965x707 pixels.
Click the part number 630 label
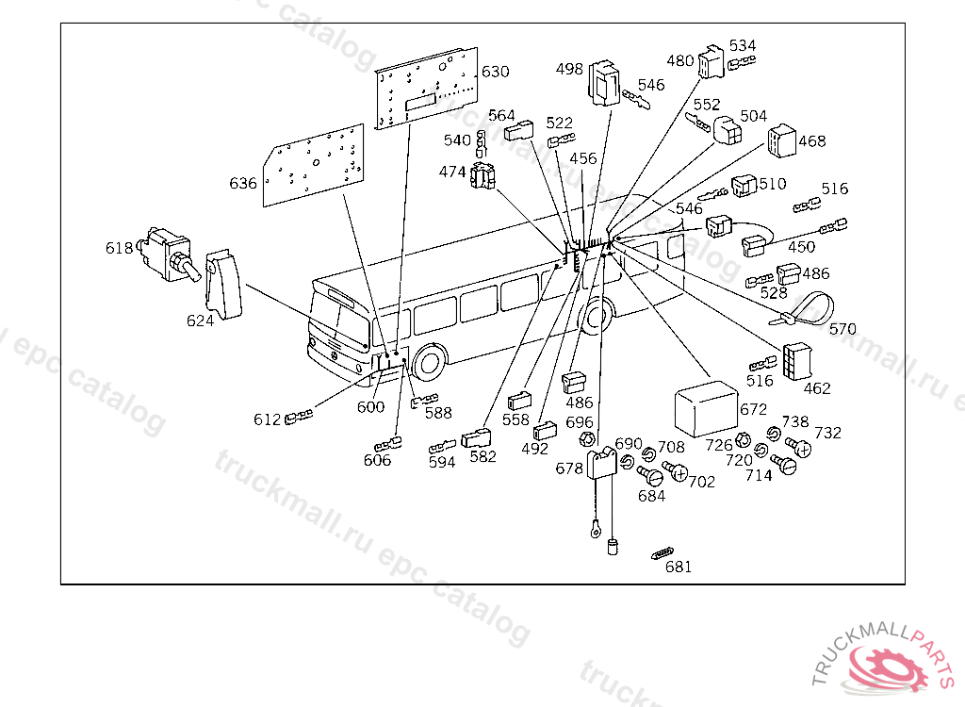tap(495, 72)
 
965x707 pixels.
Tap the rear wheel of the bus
tap(596, 316)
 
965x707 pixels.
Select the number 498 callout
tap(569, 69)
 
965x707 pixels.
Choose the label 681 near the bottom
tap(678, 567)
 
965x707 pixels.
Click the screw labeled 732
tap(799, 445)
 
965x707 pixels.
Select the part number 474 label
tap(452, 172)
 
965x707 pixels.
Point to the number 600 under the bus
tap(371, 407)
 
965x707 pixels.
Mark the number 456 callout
tap(583, 158)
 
